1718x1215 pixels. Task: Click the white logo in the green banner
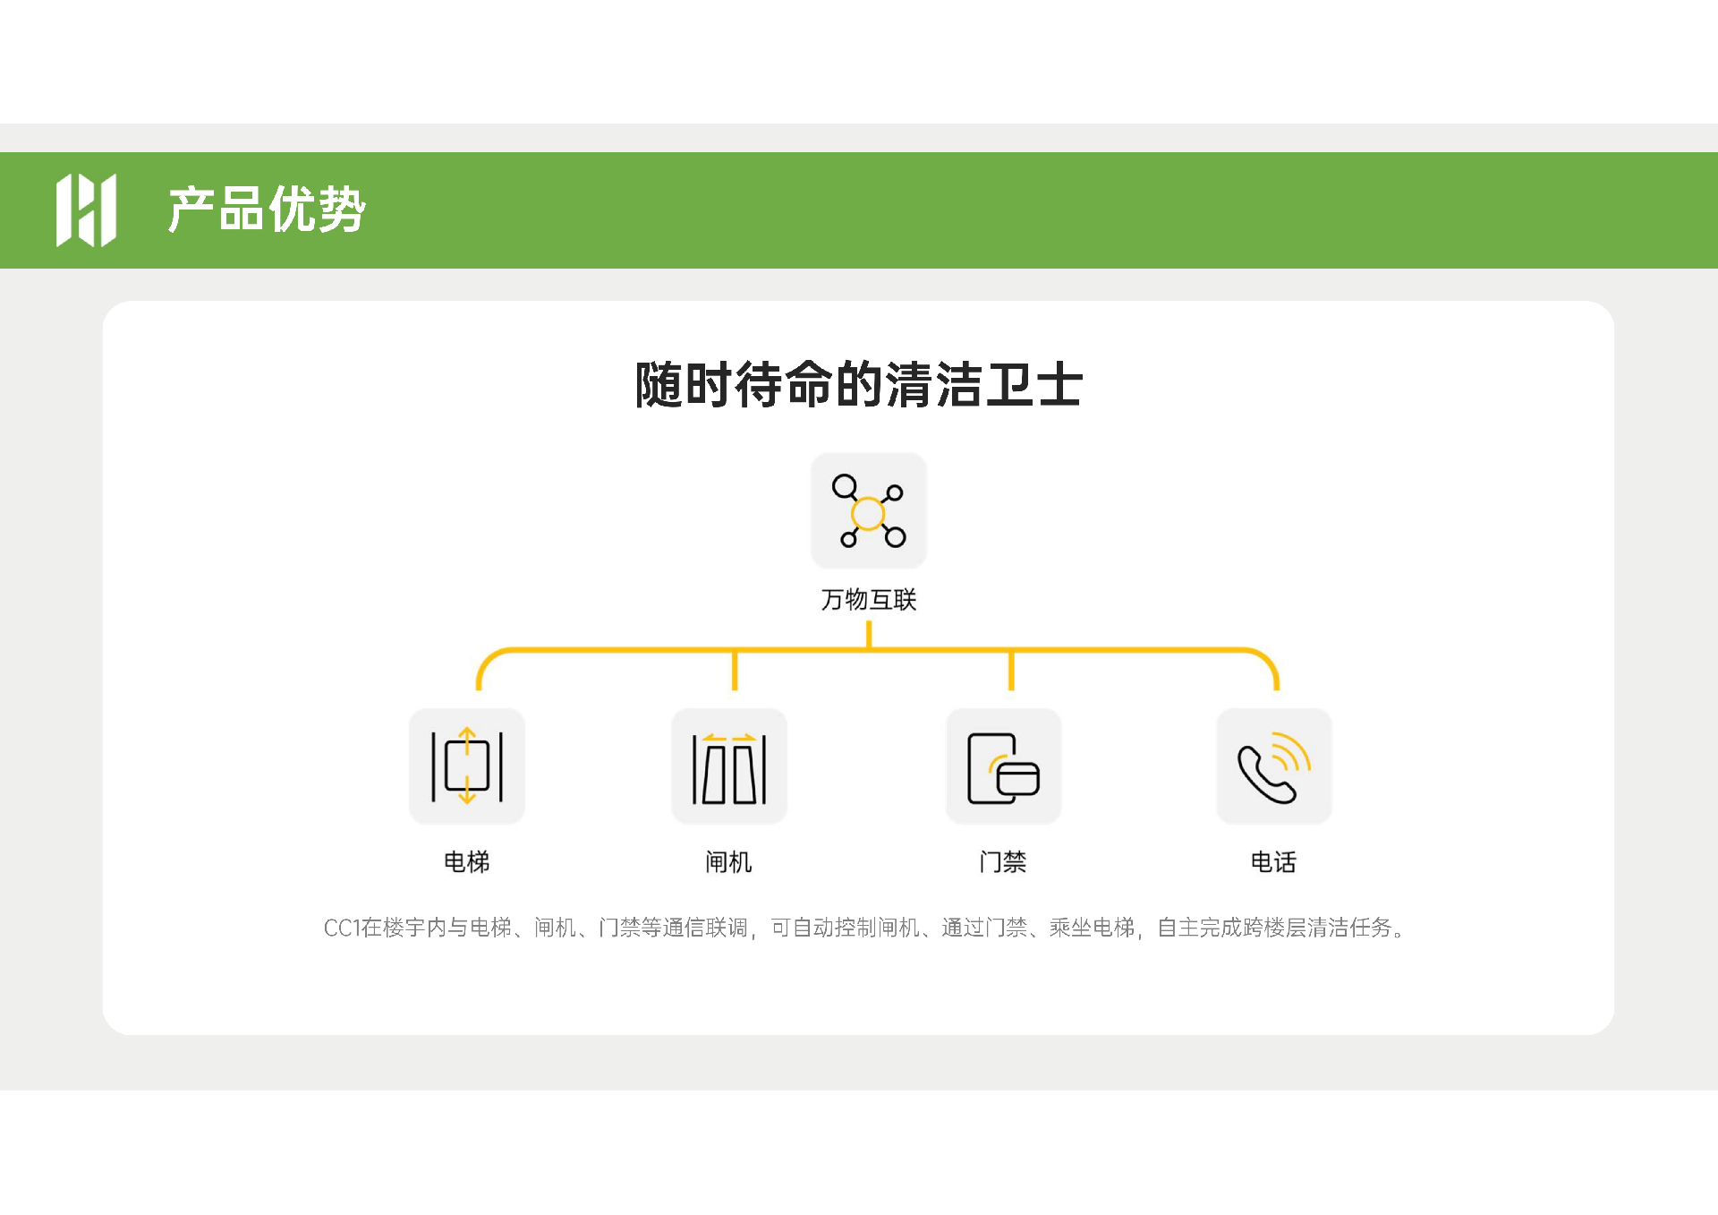pyautogui.click(x=86, y=210)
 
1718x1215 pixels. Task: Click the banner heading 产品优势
pyautogui.click(x=267, y=210)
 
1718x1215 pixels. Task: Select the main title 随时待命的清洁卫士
pyautogui.click(x=859, y=385)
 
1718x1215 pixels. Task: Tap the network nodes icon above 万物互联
pyautogui.click(x=869, y=510)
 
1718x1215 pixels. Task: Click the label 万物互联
pyautogui.click(x=869, y=599)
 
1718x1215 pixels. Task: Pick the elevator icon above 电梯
pyautogui.click(x=467, y=766)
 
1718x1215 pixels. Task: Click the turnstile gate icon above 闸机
pyautogui.click(x=729, y=768)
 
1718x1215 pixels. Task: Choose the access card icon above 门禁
pyautogui.click(x=1004, y=768)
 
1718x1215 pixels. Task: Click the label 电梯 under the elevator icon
pyautogui.click(x=467, y=861)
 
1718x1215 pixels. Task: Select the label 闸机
pyautogui.click(x=729, y=861)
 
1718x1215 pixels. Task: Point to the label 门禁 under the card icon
pyautogui.click(x=1003, y=861)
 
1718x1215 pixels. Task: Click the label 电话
pyautogui.click(x=1273, y=861)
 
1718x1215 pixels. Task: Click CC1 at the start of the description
pyautogui.click(x=341, y=928)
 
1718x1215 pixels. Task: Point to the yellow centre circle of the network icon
pyautogui.click(x=868, y=514)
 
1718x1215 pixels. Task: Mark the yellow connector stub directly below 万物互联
pyautogui.click(x=869, y=635)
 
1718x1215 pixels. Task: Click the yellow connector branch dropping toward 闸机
pyautogui.click(x=735, y=670)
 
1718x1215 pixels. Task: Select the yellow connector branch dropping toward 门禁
pyautogui.click(x=1011, y=670)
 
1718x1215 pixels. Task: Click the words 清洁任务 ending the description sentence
pyautogui.click(x=1349, y=928)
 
